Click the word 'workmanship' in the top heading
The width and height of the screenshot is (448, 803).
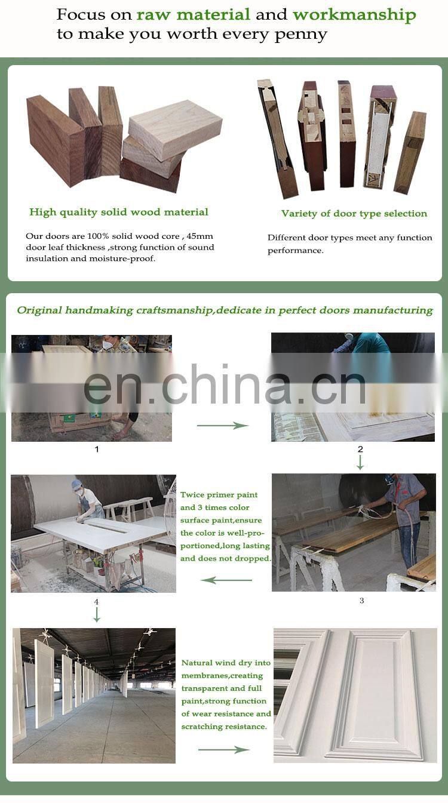354,15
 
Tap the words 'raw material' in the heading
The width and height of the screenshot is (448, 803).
194,14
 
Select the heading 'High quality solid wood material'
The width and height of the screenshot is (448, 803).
119,212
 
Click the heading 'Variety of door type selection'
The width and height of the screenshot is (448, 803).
354,214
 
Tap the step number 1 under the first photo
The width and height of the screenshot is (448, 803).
97,449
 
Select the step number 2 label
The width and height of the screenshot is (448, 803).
360,449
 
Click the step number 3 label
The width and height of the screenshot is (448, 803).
361,601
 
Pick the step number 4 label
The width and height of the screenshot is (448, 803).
96,602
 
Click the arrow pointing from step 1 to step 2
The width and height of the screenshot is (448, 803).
222,426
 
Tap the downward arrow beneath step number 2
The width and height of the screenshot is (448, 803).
360,463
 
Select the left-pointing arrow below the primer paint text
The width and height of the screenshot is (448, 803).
226,580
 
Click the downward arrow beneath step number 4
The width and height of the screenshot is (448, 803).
97,615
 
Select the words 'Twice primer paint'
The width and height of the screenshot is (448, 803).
219,495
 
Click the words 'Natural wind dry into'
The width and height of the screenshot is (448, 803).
226,663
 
